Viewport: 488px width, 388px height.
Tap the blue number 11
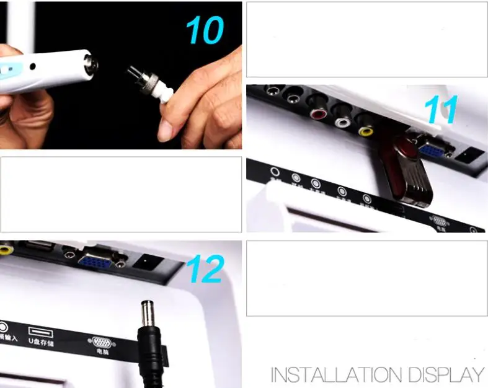click(x=441, y=110)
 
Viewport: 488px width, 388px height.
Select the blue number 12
click(x=204, y=268)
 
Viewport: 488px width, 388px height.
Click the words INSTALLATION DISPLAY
click(x=377, y=375)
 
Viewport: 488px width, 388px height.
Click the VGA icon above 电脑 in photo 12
click(x=100, y=342)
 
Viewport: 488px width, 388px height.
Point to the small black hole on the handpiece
click(x=32, y=66)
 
